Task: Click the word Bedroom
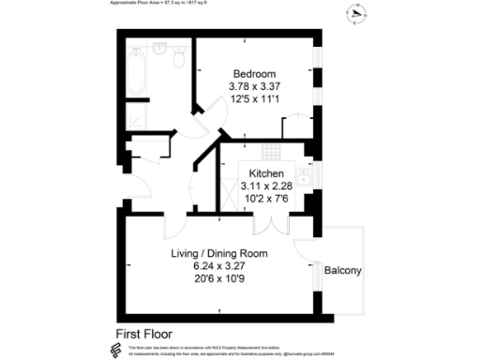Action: pos(254,74)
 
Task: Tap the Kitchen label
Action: pos(267,173)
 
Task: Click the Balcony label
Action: pos(342,271)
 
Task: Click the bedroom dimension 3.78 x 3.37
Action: pos(254,87)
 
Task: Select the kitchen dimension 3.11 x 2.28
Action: pos(267,187)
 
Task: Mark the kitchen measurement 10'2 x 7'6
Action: pos(267,199)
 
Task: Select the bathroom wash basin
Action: pos(160,49)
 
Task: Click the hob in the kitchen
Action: pos(272,152)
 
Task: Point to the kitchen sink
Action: pos(305,174)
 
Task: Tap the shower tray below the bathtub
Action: pos(136,116)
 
